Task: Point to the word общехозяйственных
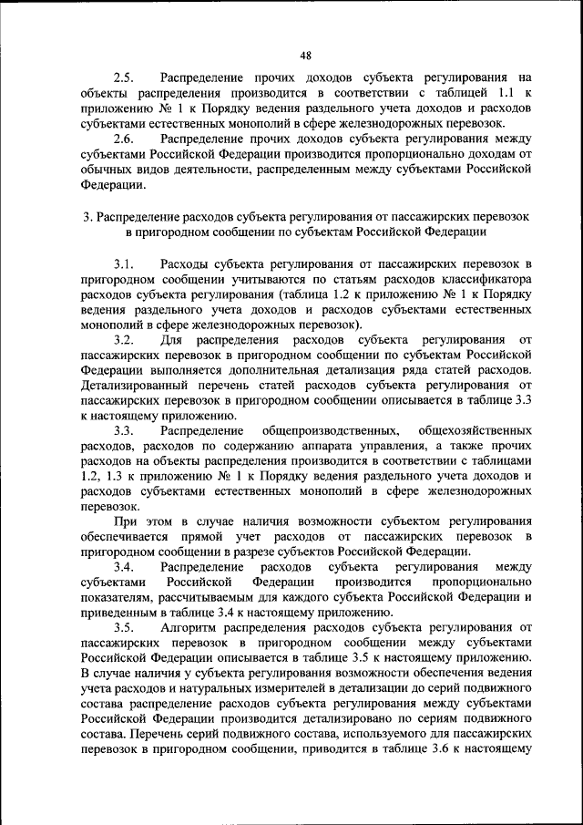point(474,430)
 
